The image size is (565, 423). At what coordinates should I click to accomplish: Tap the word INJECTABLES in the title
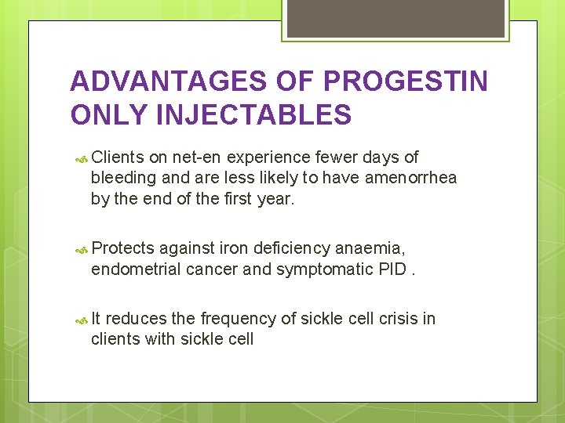254,115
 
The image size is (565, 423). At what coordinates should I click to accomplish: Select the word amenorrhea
410,179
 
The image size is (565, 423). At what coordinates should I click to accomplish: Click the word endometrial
137,270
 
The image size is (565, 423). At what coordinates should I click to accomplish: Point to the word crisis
396,319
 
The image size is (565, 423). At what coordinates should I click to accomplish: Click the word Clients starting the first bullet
118,158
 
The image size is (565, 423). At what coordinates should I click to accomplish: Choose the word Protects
123,250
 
